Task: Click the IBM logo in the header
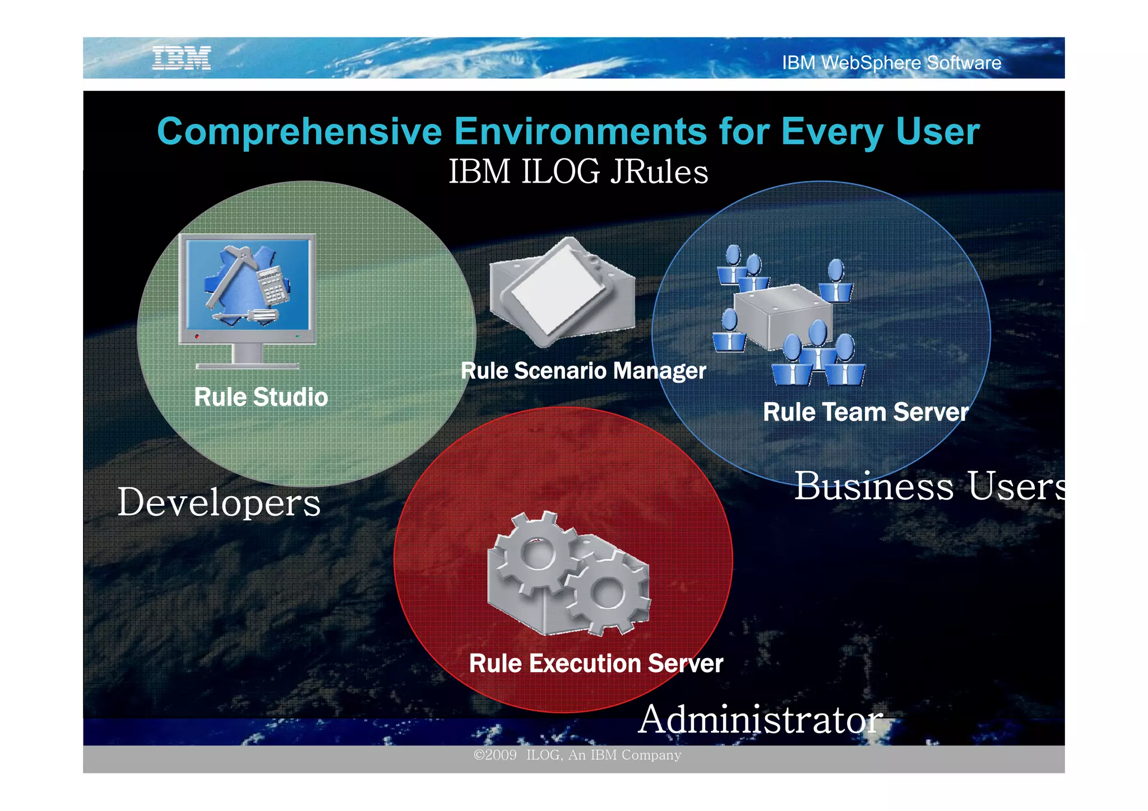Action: [182, 58]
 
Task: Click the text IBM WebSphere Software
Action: [891, 63]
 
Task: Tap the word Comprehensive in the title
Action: [299, 132]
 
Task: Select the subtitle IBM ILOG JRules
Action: [578, 171]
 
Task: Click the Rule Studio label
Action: [261, 397]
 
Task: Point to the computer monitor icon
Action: [247, 291]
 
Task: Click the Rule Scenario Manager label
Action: [583, 371]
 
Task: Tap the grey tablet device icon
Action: [561, 291]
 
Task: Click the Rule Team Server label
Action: [865, 412]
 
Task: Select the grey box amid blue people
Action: [782, 316]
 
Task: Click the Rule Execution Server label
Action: [596, 664]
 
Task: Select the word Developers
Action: [219, 502]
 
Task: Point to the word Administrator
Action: [760, 720]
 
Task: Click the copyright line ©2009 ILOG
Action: [577, 755]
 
